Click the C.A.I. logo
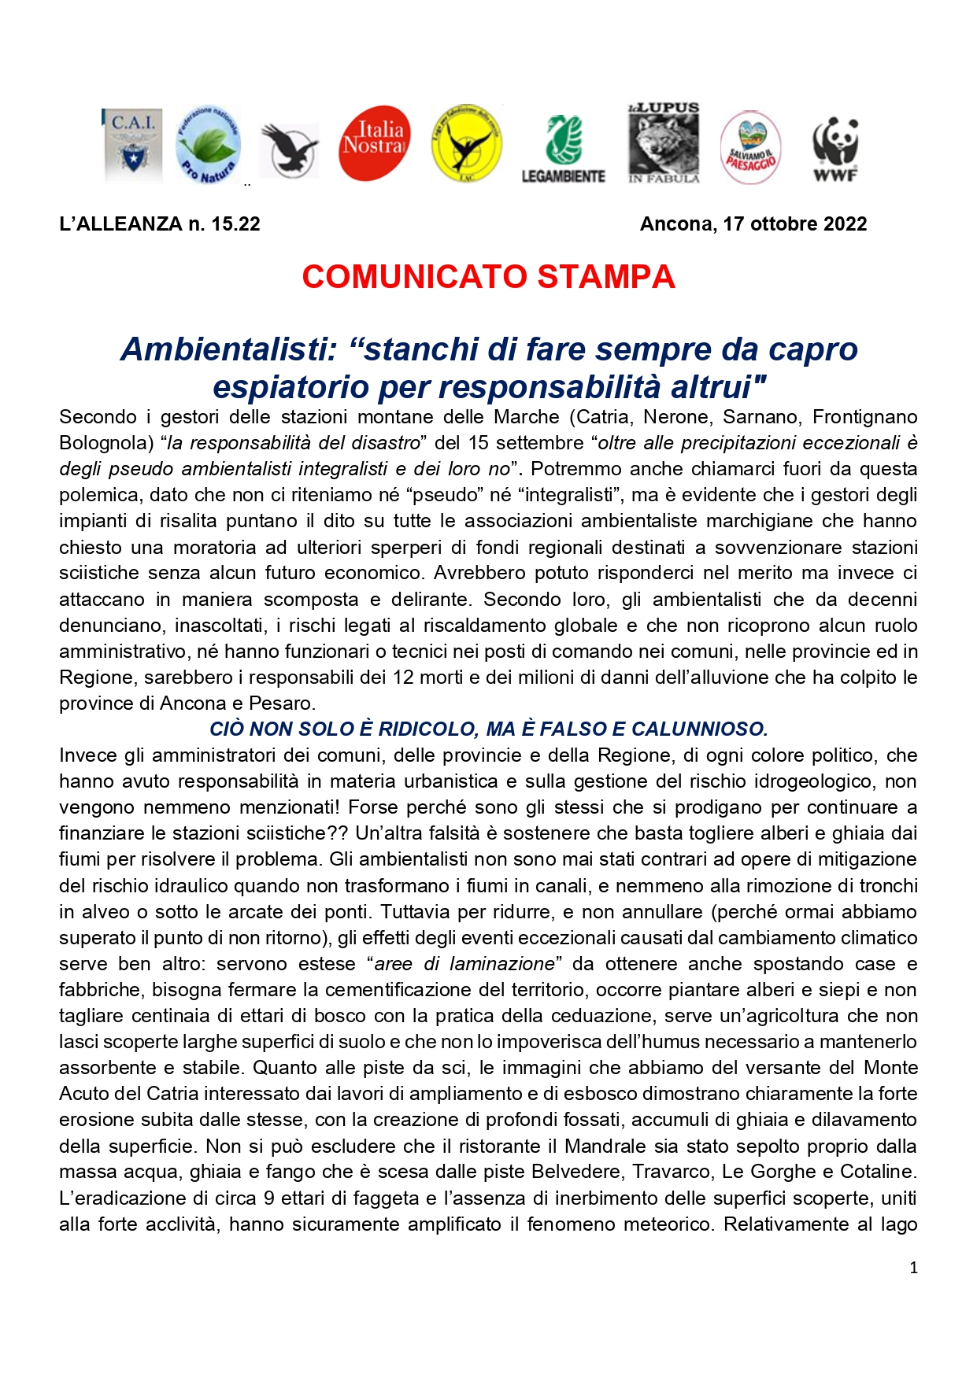(x=133, y=145)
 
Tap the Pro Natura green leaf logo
(x=207, y=146)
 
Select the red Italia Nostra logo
(x=374, y=143)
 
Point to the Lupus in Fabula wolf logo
(x=664, y=144)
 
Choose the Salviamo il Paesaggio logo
(x=750, y=148)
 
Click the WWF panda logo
(x=835, y=149)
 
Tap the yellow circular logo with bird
(x=466, y=144)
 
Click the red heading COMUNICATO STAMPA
(x=488, y=277)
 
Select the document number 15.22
(x=235, y=224)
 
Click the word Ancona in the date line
(x=675, y=224)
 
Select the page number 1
(x=913, y=1268)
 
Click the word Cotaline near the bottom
(x=876, y=1172)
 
